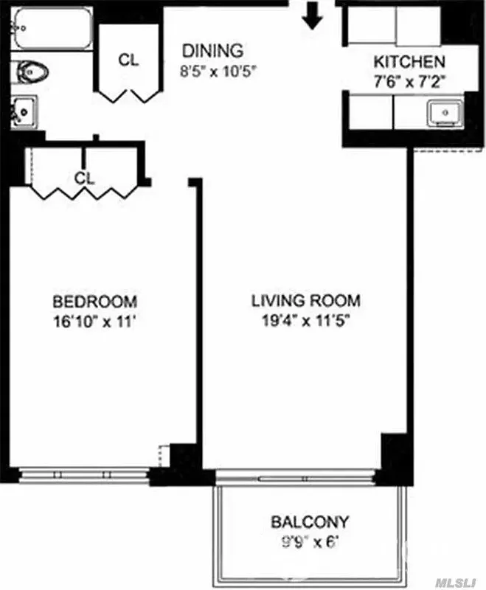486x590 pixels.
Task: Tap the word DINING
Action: pos(212,51)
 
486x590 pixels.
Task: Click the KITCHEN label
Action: pos(409,62)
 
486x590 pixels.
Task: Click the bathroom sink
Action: pos(24,112)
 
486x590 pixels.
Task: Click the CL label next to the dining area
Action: pos(128,60)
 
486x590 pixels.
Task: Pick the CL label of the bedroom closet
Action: pos(85,178)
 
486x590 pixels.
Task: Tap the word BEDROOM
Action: pos(94,302)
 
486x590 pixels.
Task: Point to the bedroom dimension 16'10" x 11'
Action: pos(94,322)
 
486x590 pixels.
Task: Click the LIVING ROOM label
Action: pos(305,301)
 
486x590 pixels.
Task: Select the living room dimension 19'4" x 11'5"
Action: pos(305,322)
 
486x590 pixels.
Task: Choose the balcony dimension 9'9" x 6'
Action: pos(310,546)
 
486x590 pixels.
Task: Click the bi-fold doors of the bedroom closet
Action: pos(83,193)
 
